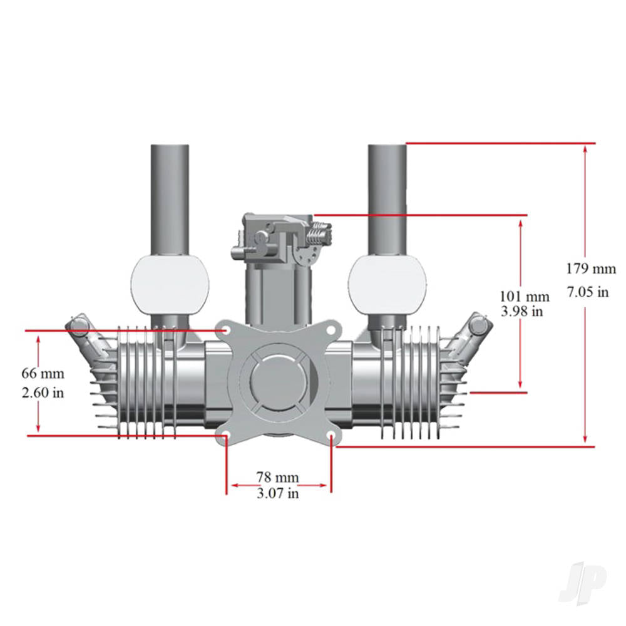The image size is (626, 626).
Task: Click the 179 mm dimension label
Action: pos(591,269)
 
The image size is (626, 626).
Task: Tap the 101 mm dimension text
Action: pos(524,297)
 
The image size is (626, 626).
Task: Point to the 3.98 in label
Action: pos(521,311)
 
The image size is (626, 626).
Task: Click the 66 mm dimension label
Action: pos(43,374)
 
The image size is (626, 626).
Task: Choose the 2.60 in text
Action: pos(43,393)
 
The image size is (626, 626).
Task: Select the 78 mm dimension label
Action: pos(277,478)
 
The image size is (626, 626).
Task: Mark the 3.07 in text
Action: pos(277,493)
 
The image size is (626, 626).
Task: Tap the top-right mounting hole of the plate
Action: pos(331,329)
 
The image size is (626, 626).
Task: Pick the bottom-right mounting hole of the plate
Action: pos(331,435)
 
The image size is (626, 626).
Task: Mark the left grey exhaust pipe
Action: pos(170,197)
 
